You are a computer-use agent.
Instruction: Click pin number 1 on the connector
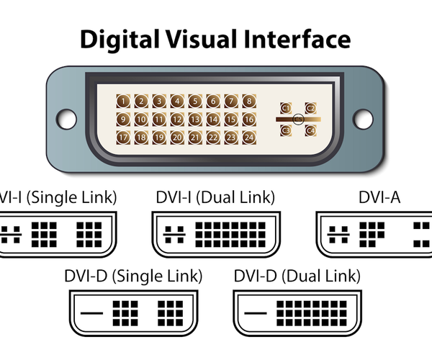click(x=125, y=102)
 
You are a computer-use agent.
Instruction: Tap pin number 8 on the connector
click(x=248, y=102)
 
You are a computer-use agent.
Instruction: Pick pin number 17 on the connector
click(x=125, y=137)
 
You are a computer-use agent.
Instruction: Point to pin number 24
click(x=248, y=137)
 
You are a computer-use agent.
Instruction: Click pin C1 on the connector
click(x=286, y=108)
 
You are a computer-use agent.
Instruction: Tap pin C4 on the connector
click(x=310, y=130)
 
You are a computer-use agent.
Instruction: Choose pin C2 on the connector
click(x=310, y=108)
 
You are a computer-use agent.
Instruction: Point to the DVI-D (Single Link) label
click(x=133, y=276)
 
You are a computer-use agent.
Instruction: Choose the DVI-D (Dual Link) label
click(x=298, y=276)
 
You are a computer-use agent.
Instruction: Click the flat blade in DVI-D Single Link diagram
click(x=94, y=313)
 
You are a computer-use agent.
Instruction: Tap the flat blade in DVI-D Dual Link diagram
click(x=258, y=313)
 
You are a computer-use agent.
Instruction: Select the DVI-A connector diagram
click(x=374, y=234)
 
